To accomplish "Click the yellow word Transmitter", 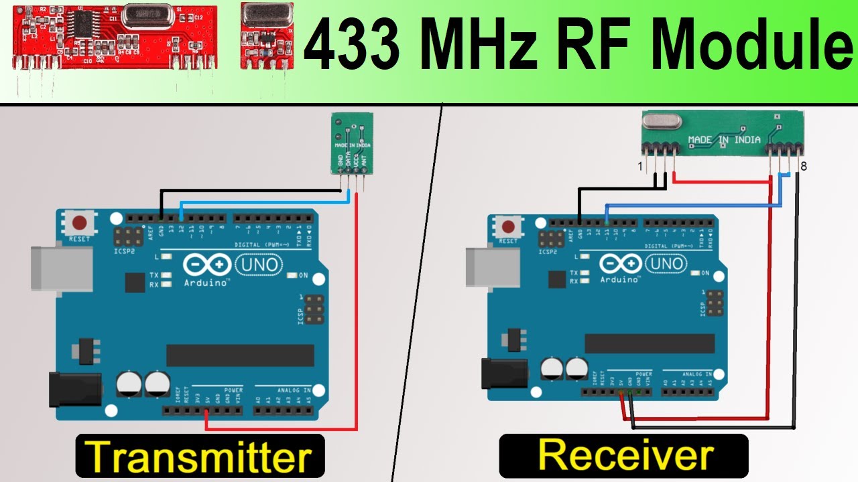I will tap(200, 456).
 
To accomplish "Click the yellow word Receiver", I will tap(625, 456).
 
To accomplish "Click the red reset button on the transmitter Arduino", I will tap(80, 222).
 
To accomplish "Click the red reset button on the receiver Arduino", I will tap(508, 226).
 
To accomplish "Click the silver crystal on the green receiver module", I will tap(661, 121).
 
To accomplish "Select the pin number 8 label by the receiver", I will tap(803, 165).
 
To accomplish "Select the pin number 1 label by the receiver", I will tap(640, 165).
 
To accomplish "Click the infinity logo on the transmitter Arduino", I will tap(206, 266).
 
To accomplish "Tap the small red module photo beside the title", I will tap(266, 35).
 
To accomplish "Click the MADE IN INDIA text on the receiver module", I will tap(725, 140).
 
